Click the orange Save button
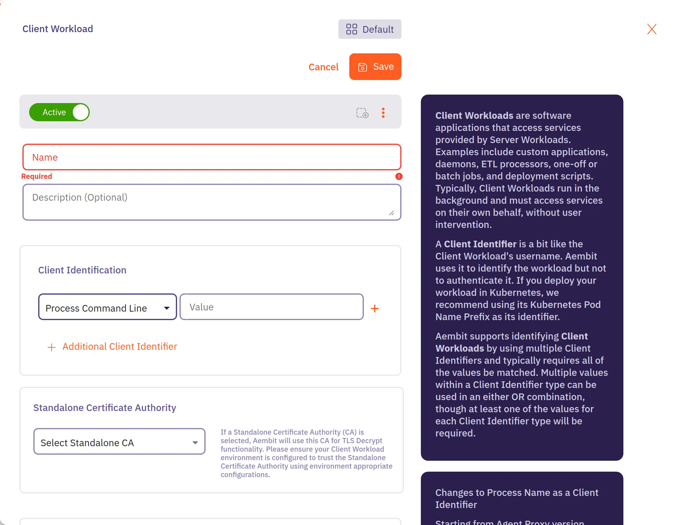[x=375, y=67]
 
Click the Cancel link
[x=323, y=67]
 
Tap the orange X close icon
[x=651, y=29]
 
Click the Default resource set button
[x=370, y=29]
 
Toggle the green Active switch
[x=59, y=112]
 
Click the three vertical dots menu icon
[x=383, y=113]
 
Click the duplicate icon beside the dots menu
[x=362, y=113]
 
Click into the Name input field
[x=211, y=157]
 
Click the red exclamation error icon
[x=399, y=176]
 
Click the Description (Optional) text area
[x=211, y=202]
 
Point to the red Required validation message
[x=36, y=176]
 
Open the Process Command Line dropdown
[x=107, y=308]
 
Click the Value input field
[x=271, y=307]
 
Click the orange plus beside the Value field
[x=374, y=309]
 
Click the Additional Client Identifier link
[x=119, y=347]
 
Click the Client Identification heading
[x=82, y=270]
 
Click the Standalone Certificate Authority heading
[x=105, y=408]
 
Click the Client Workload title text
[x=58, y=29]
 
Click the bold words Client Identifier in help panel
[x=480, y=244]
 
